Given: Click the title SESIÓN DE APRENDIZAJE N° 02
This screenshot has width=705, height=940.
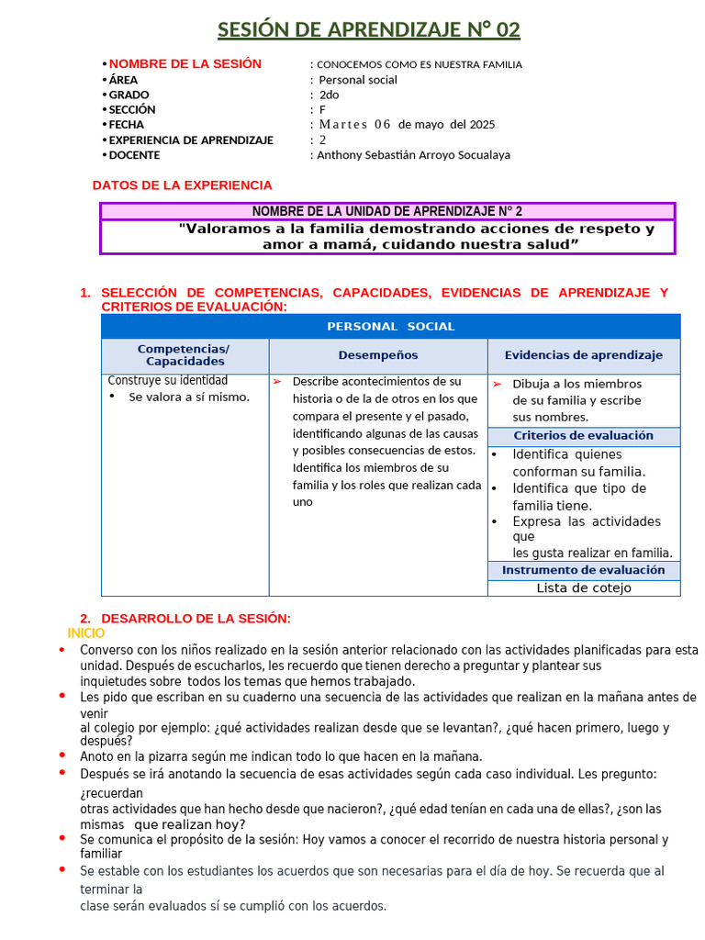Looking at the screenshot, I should click(368, 30).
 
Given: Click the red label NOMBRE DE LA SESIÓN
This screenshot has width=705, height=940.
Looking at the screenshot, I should click(185, 64).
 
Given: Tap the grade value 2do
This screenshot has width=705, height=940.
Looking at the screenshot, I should click(329, 95).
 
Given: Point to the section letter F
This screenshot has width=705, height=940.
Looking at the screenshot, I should click(322, 109).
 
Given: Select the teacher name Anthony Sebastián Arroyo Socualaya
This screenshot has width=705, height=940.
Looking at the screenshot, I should click(413, 155).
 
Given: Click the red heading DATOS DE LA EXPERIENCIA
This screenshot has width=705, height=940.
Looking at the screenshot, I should click(183, 185).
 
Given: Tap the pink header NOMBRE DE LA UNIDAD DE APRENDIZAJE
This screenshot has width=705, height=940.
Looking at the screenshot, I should click(387, 211).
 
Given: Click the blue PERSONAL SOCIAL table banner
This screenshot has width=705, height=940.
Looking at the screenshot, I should click(390, 327).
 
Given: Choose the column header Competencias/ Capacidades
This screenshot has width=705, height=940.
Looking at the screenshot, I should click(184, 355).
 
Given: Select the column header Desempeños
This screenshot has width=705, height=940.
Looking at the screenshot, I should click(377, 355).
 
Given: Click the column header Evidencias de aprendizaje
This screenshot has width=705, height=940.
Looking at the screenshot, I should click(583, 355).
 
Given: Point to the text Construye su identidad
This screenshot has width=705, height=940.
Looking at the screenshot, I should click(168, 380).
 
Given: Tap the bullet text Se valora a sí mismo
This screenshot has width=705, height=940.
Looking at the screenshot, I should click(189, 397).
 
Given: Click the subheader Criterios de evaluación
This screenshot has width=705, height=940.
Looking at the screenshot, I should click(583, 436).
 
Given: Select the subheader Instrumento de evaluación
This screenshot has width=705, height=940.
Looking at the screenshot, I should click(583, 571).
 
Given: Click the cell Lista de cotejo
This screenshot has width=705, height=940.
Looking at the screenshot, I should click(583, 588).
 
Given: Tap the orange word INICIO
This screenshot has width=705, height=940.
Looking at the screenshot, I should click(86, 633).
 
